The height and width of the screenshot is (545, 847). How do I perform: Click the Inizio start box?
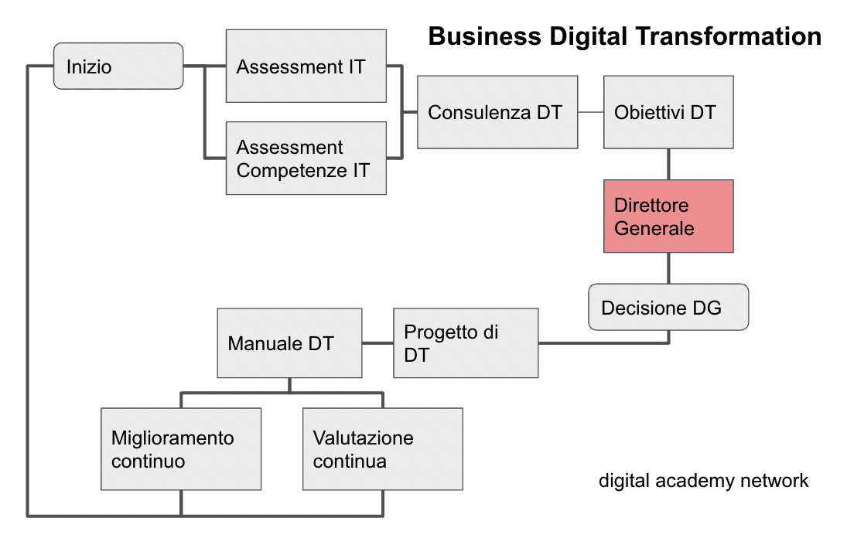pyautogui.click(x=118, y=66)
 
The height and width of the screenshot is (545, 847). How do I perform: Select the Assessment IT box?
pyautogui.click(x=306, y=66)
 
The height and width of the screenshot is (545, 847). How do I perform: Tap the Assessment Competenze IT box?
pyautogui.click(x=306, y=158)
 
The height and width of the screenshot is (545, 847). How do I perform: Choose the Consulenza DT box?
pyautogui.click(x=497, y=112)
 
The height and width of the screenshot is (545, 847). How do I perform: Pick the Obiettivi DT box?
pyautogui.click(x=668, y=112)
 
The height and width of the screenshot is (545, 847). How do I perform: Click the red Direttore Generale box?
pyautogui.click(x=668, y=216)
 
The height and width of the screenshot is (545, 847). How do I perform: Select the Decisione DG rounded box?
pyautogui.click(x=668, y=307)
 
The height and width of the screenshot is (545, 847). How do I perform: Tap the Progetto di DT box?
pyautogui.click(x=466, y=343)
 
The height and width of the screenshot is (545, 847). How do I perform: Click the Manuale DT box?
pyautogui.click(x=289, y=343)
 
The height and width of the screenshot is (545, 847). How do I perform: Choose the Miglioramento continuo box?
pyautogui.click(x=181, y=449)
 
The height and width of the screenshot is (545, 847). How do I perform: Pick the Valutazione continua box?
pyautogui.click(x=382, y=449)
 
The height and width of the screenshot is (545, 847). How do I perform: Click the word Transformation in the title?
pyautogui.click(x=729, y=36)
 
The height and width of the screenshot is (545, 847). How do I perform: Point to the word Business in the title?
pyautogui.click(x=484, y=36)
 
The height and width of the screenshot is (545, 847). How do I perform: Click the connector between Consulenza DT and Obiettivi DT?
pyautogui.click(x=590, y=112)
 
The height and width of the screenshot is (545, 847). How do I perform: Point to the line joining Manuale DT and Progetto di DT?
pyautogui.click(x=377, y=343)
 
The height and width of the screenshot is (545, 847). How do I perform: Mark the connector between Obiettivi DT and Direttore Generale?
pyautogui.click(x=669, y=164)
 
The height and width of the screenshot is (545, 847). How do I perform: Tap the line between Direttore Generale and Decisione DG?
pyautogui.click(x=669, y=268)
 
